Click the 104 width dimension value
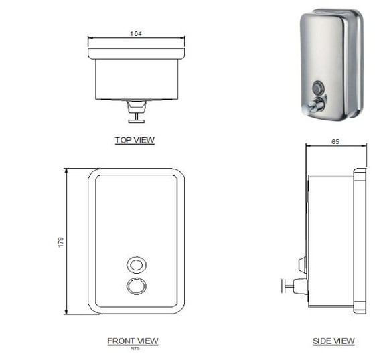point(137,33)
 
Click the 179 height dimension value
point(60,241)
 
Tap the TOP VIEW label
point(135,140)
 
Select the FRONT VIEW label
point(133,341)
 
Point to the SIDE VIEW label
point(333,341)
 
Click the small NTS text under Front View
point(133,348)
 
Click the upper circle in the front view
point(136,263)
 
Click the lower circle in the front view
point(136,286)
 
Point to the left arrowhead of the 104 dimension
point(90,39)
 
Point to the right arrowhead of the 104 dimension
point(184,39)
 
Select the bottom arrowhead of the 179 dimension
point(67,312)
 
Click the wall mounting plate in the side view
point(360,241)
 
